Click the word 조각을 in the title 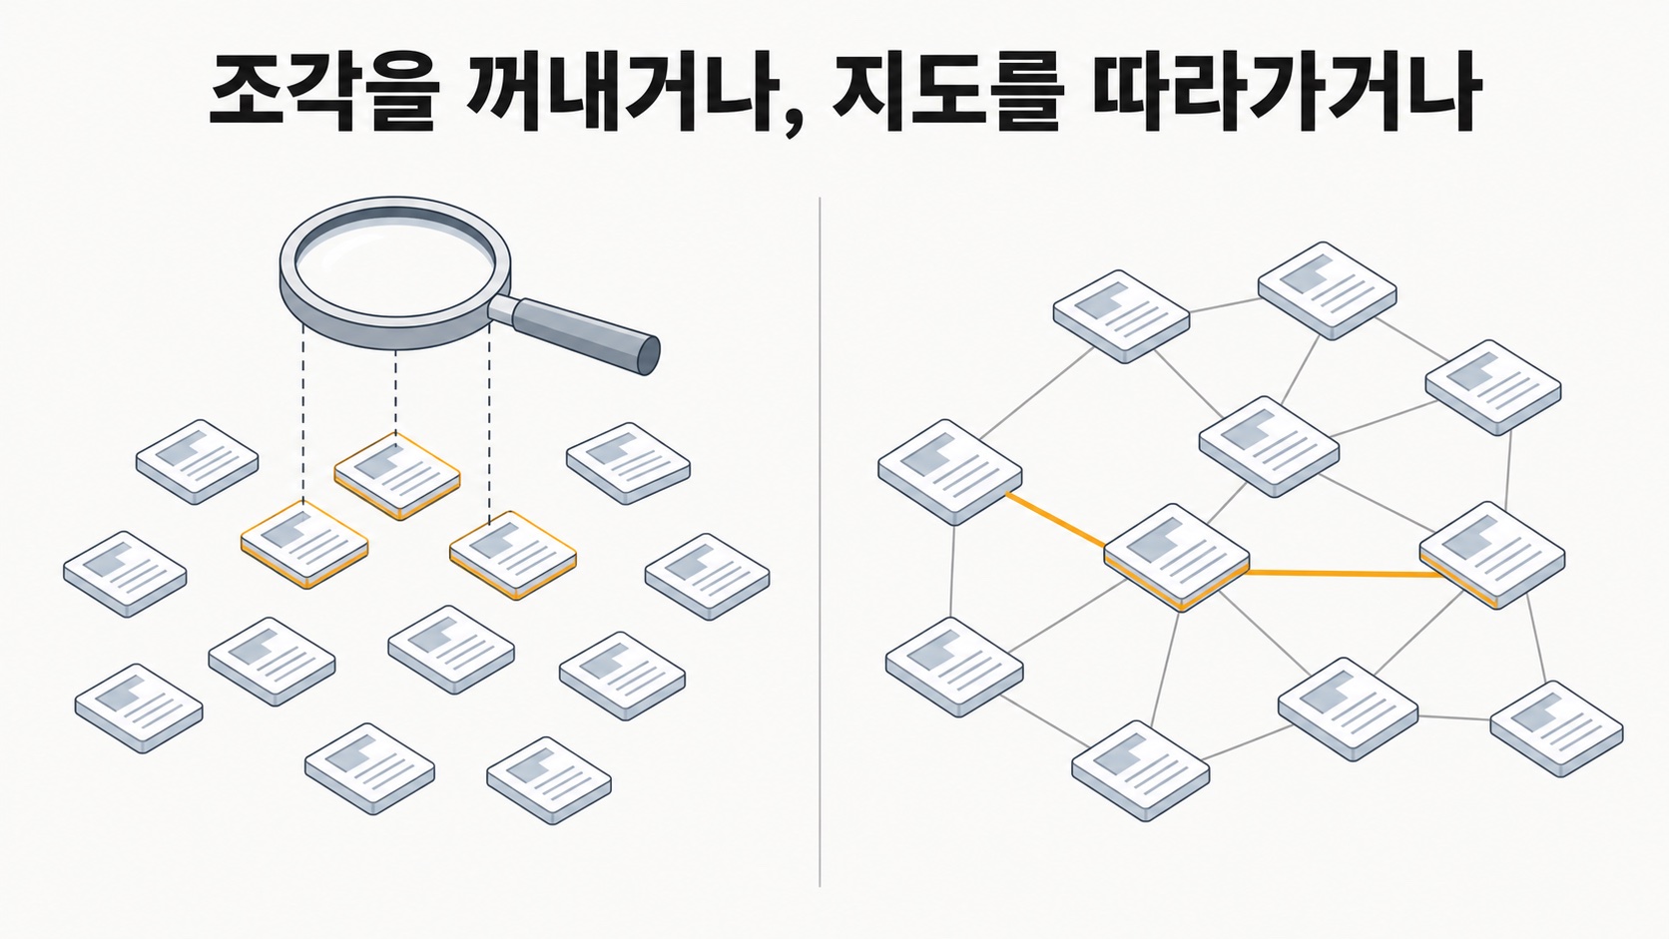tap(321, 94)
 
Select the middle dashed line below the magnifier tap(395, 392)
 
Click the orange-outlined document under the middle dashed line tap(397, 476)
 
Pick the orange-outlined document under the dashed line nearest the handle tap(513, 555)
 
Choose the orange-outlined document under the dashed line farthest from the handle tap(304, 544)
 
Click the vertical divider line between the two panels tap(820, 542)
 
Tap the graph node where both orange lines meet tap(1177, 557)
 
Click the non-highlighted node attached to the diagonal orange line tap(950, 472)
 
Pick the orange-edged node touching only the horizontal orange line tap(1492, 555)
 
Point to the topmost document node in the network tap(1327, 290)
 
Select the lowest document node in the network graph tap(1141, 770)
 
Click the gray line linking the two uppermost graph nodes tap(1224, 306)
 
